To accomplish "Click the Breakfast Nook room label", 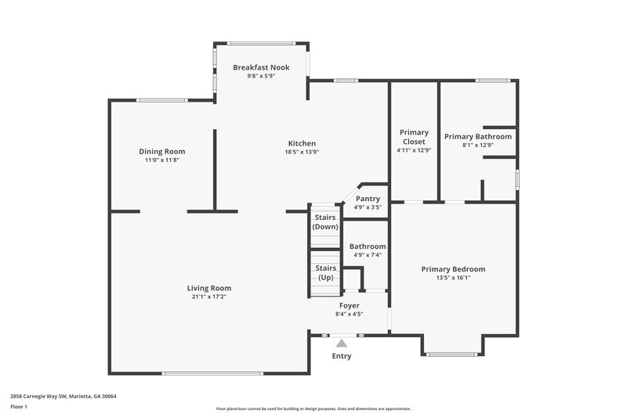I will click(261, 68).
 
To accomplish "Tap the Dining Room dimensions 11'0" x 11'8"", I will click(162, 160).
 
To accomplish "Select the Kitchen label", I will click(302, 143).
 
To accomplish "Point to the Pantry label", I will click(368, 199).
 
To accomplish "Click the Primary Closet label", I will click(413, 137).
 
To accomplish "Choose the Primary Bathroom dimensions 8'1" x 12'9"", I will click(477, 145).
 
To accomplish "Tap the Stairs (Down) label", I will click(325, 221).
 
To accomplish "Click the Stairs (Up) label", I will click(325, 273).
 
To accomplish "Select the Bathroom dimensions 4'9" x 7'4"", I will click(367, 255).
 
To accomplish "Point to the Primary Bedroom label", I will click(453, 268).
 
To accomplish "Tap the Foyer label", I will click(350, 305).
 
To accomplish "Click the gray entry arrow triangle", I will click(342, 343).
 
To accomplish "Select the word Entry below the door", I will click(342, 356).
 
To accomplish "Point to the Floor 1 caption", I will click(18, 407).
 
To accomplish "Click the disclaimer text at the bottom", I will click(313, 408).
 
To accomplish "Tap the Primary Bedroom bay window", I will click(454, 354).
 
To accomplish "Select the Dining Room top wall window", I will click(162, 100).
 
